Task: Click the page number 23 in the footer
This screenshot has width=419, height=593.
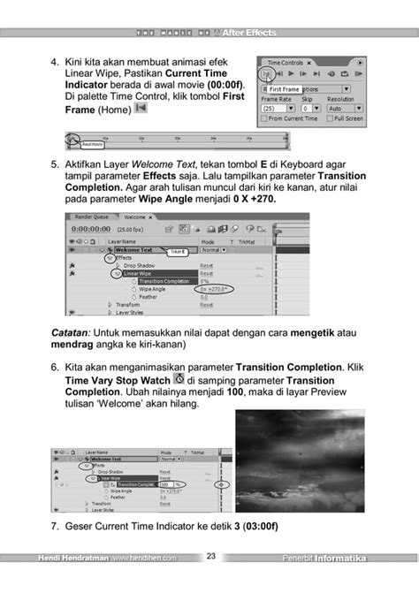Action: click(x=211, y=557)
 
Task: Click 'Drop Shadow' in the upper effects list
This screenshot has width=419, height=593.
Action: click(x=141, y=265)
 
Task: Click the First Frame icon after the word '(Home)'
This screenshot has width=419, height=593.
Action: click(x=140, y=109)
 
